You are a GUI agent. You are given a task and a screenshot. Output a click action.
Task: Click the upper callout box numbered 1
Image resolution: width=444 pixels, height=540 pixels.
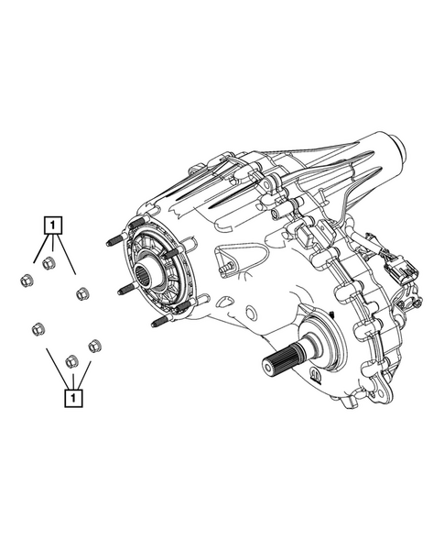pos(52,226)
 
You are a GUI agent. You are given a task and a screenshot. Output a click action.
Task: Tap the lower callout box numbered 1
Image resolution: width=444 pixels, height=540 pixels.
pos(73,398)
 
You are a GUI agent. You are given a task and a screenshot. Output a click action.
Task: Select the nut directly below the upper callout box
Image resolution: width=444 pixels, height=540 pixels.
pos(49,264)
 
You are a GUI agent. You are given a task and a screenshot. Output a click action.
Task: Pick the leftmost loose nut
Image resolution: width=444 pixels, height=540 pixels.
pos(27,280)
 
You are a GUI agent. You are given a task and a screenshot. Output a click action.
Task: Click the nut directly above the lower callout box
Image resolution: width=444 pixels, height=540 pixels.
pos(72,361)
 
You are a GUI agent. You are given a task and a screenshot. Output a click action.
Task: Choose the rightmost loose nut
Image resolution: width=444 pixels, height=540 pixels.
pos(94,347)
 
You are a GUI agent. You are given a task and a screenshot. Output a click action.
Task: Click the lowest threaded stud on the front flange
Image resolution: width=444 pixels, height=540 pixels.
pos(160,322)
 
